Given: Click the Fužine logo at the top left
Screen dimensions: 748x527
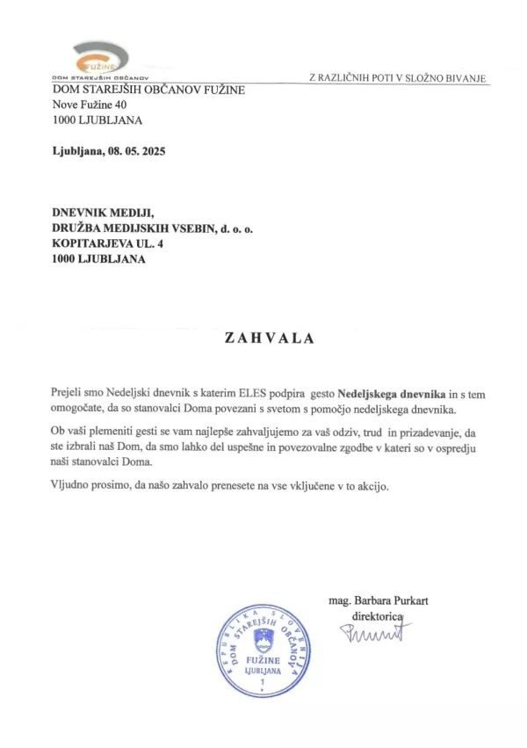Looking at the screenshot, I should [x=99, y=60].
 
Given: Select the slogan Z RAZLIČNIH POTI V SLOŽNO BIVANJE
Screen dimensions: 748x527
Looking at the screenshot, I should [x=396, y=78].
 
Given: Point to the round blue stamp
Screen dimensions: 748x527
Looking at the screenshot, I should [x=262, y=651].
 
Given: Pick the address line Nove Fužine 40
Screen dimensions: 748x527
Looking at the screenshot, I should [x=90, y=105].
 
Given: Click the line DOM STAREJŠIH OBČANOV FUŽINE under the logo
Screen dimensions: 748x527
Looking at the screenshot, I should [x=148, y=90].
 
